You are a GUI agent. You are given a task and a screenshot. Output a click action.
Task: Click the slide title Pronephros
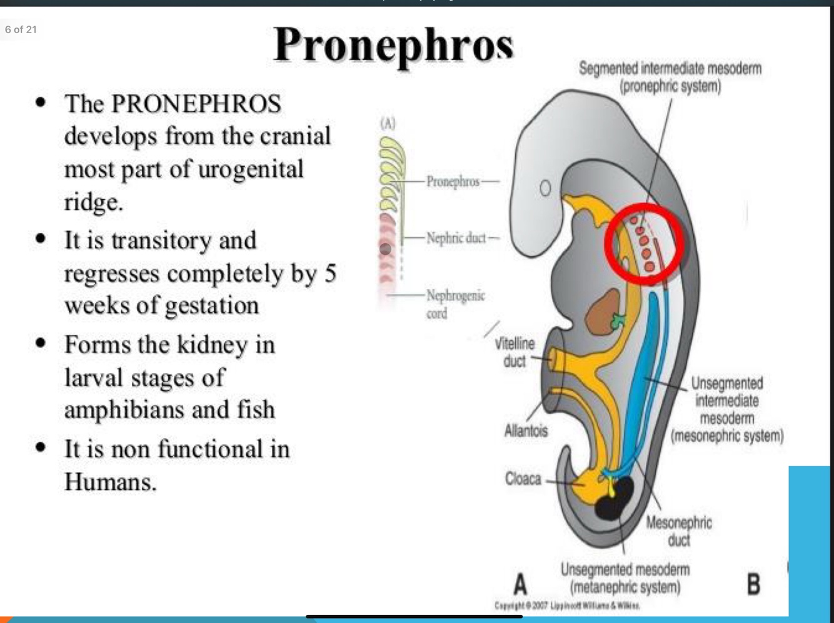click(x=393, y=45)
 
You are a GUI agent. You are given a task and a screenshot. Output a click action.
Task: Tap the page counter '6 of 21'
click(x=21, y=29)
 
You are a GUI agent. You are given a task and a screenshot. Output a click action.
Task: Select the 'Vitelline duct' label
click(x=515, y=352)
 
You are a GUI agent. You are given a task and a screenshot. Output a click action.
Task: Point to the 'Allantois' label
click(x=526, y=431)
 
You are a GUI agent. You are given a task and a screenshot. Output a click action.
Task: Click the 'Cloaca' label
click(x=523, y=479)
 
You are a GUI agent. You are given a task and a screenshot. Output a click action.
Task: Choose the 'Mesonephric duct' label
click(x=678, y=531)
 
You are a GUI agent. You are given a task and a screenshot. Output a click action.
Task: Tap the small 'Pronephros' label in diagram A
click(x=453, y=181)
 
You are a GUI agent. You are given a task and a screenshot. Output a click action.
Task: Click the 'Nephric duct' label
click(x=456, y=237)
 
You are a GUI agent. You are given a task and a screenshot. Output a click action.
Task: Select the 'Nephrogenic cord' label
click(x=455, y=304)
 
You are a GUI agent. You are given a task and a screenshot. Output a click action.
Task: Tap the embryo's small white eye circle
click(x=545, y=188)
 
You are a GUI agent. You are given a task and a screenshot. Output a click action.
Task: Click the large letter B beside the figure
click(x=753, y=584)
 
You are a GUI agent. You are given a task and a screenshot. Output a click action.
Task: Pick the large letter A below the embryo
click(x=520, y=585)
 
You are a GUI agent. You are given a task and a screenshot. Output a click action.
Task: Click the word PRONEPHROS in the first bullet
click(x=196, y=104)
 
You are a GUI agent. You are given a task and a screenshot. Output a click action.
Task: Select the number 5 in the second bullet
click(x=329, y=273)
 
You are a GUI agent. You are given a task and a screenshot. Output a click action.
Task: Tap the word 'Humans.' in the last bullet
click(x=110, y=482)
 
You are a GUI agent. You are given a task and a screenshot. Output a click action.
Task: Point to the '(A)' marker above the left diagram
click(x=388, y=123)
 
